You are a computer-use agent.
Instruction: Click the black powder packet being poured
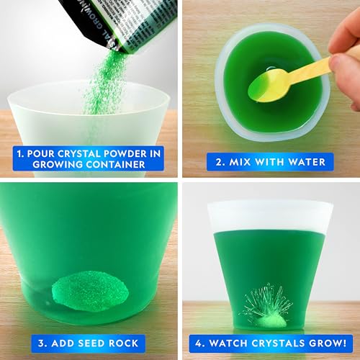point(115,22)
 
